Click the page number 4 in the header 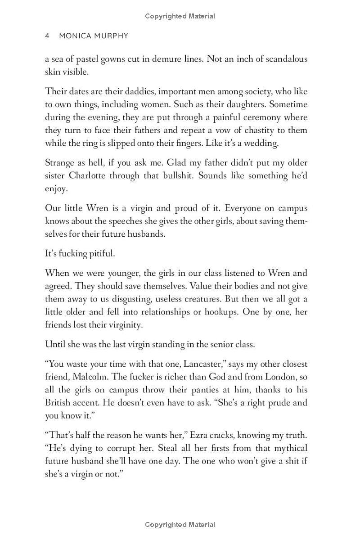pyautogui.click(x=47, y=36)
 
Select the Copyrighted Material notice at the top pyautogui.click(x=180, y=16)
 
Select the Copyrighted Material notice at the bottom pyautogui.click(x=180, y=524)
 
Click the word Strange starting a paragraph pyautogui.click(x=60, y=163)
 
